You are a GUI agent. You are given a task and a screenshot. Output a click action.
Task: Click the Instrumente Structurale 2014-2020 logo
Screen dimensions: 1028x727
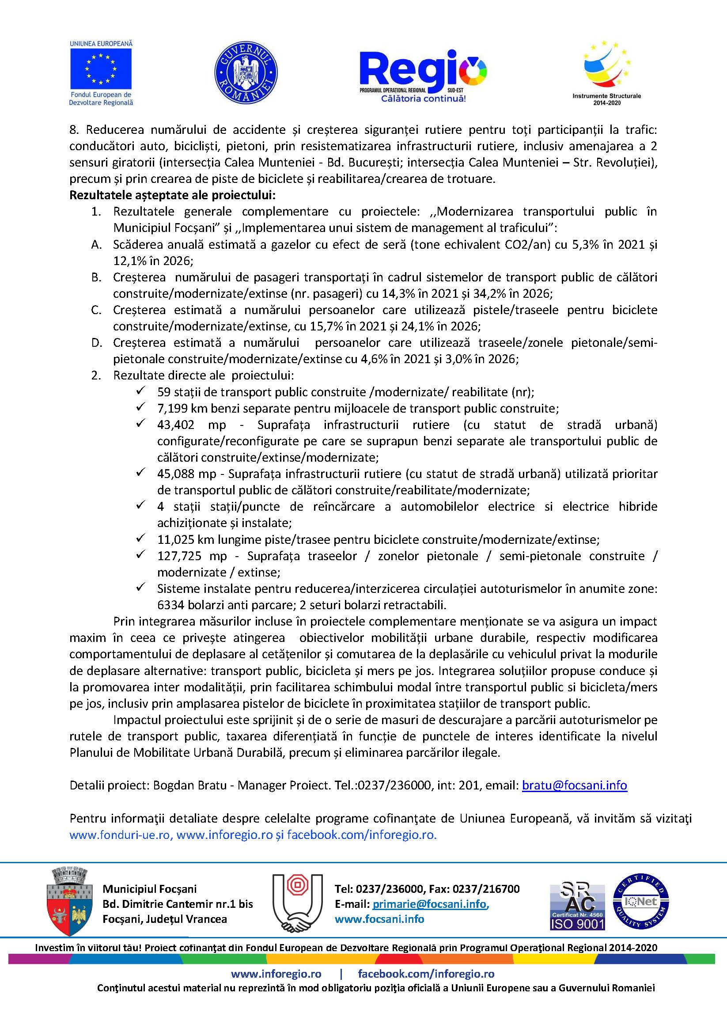click(x=606, y=72)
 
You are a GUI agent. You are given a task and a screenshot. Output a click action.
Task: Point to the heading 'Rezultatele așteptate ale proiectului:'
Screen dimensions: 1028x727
click(x=172, y=195)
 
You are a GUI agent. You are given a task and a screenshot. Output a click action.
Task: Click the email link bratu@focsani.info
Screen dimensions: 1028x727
click(x=574, y=785)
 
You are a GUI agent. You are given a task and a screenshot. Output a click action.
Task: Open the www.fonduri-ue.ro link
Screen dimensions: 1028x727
click(x=121, y=835)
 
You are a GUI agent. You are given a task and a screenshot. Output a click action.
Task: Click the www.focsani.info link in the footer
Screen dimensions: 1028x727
click(x=379, y=919)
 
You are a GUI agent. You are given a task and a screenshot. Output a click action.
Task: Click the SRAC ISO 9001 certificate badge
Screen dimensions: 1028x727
click(x=577, y=906)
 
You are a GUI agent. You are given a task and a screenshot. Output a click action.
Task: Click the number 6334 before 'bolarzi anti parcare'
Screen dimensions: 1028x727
click(x=168, y=605)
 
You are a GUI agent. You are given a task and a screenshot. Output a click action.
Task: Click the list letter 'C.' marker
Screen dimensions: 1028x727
click(x=96, y=310)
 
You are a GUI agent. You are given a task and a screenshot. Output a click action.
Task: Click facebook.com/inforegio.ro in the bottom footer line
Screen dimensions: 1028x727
click(x=426, y=973)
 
